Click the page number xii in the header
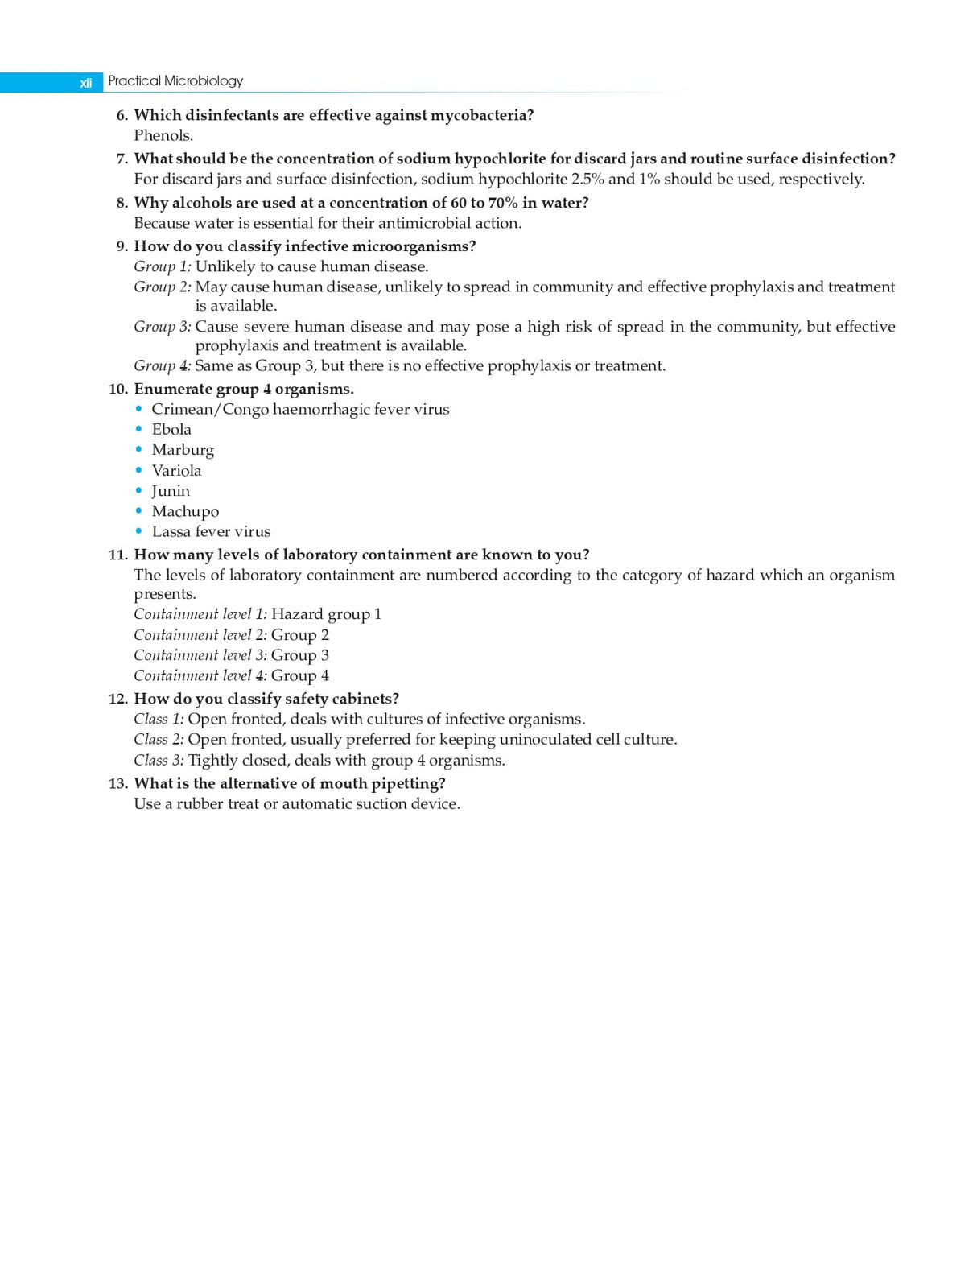pos(85,83)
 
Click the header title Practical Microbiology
pos(175,81)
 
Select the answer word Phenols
pos(163,136)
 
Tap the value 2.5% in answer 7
pos(587,180)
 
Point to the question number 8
pos(122,203)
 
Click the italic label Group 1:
pos(162,267)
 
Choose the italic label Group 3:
pos(162,327)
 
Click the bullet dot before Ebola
pos(139,430)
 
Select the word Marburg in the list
pos(183,451)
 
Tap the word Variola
pos(176,471)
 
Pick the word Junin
pos(171,491)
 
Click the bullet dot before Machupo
pos(139,511)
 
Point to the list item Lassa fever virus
pos(211,532)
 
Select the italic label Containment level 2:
pos(200,635)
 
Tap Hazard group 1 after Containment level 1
pos(326,615)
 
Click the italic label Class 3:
pos(159,761)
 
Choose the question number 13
pos(117,784)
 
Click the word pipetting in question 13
pos(408,784)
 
